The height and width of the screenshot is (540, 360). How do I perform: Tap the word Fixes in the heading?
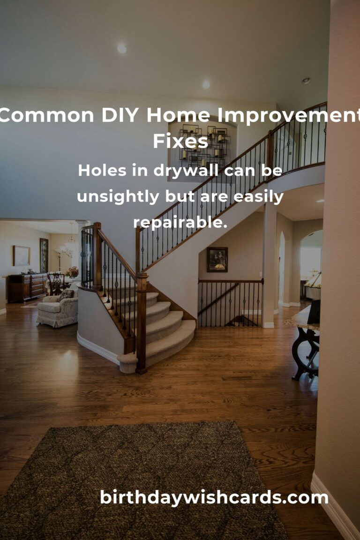pos(180,141)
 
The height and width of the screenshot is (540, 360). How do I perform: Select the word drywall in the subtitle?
pos(187,171)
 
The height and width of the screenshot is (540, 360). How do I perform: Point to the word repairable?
pos(180,223)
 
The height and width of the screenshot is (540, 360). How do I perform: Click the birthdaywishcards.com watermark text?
pos(214,498)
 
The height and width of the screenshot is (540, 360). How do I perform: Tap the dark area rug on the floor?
pos(141,483)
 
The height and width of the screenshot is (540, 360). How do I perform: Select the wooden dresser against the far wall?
pos(27,287)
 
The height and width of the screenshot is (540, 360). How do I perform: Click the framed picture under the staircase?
pos(217,259)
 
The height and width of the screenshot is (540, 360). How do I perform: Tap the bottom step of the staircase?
pos(159,347)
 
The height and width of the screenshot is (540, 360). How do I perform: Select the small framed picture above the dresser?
pos(21,255)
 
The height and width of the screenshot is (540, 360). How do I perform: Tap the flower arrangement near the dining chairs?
pos(72,272)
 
